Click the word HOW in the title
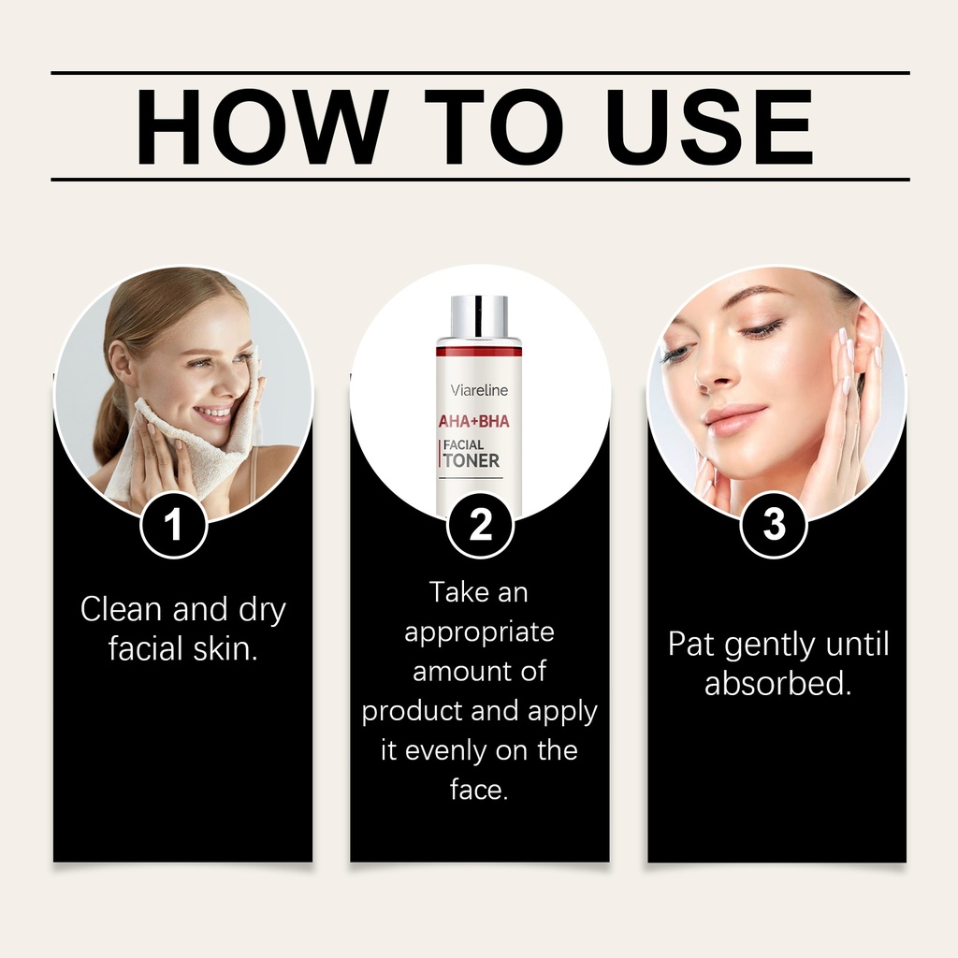click(x=262, y=126)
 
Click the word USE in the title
click(x=709, y=126)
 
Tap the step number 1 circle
click(x=173, y=524)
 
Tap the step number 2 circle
click(x=480, y=524)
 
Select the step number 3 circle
click(x=774, y=524)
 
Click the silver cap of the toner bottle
click(x=479, y=317)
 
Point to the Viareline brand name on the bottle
click(x=479, y=390)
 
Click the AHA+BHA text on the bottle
click(x=474, y=421)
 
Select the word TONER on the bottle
click(x=472, y=460)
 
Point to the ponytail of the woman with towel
click(x=111, y=422)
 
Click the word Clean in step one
click(x=122, y=609)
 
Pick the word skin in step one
click(x=225, y=648)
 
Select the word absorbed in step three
click(x=778, y=683)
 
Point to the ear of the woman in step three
click(x=867, y=342)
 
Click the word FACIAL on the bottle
click(x=463, y=444)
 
